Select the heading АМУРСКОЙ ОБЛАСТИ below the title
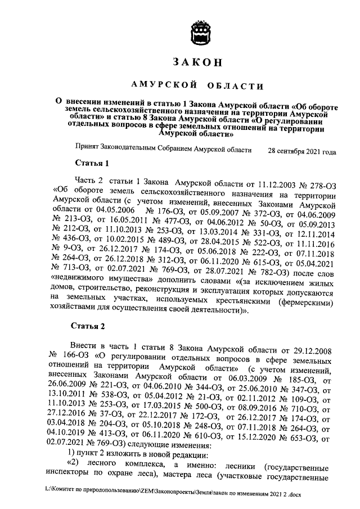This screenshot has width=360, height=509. pos(197,85)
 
